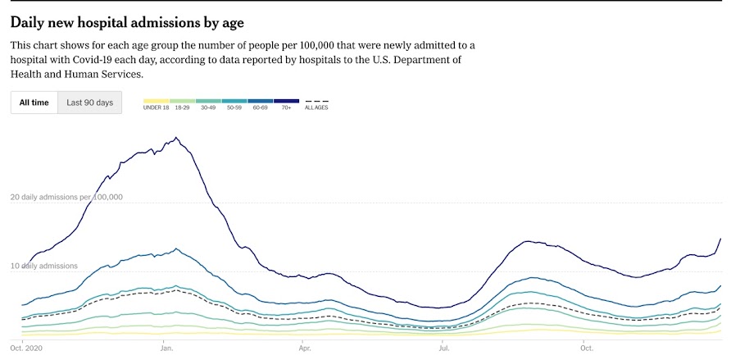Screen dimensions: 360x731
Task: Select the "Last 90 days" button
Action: pyautogui.click(x=89, y=103)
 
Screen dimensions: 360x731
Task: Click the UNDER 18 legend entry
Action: pyautogui.click(x=156, y=103)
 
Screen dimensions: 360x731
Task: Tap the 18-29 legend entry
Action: pyautogui.click(x=184, y=103)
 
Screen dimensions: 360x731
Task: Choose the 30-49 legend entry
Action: pyautogui.click(x=209, y=103)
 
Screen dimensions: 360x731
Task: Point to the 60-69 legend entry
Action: pyautogui.click(x=261, y=103)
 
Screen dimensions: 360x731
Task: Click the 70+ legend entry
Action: pyautogui.click(x=286, y=103)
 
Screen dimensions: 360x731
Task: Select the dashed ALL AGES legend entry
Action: pyautogui.click(x=316, y=103)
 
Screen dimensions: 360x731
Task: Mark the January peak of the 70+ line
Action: pyautogui.click(x=176, y=138)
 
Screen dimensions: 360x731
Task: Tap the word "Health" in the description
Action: pyautogui.click(x=29, y=74)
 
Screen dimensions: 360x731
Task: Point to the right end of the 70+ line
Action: pyautogui.click(x=720, y=239)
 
